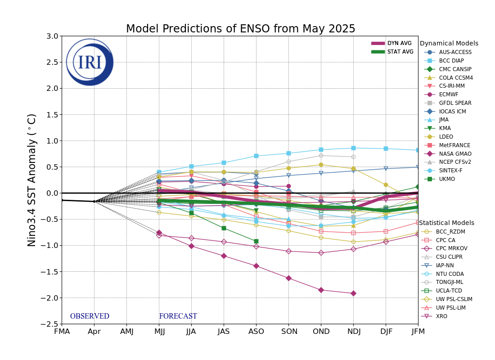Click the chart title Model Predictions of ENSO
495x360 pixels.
(240, 29)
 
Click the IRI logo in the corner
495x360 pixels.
(90, 62)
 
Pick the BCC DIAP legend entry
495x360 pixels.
(451, 61)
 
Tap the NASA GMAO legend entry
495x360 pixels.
(455, 154)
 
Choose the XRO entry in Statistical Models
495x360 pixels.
(442, 316)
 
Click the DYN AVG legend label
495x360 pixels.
(399, 43)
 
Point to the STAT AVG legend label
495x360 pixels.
(400, 52)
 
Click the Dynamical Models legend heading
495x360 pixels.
(449, 44)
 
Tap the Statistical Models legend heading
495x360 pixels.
(446, 223)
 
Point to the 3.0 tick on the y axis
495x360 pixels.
(52, 36)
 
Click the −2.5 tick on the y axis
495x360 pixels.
(50, 324)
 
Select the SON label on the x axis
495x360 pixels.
(288, 332)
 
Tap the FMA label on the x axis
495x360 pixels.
(62, 332)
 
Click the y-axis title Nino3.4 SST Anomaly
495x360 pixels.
(32, 180)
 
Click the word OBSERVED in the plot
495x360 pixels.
(90, 316)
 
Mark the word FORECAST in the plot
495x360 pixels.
(178, 316)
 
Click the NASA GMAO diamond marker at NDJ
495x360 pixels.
(353, 293)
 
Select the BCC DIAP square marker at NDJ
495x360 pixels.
(353, 148)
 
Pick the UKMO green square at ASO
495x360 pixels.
(256, 241)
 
